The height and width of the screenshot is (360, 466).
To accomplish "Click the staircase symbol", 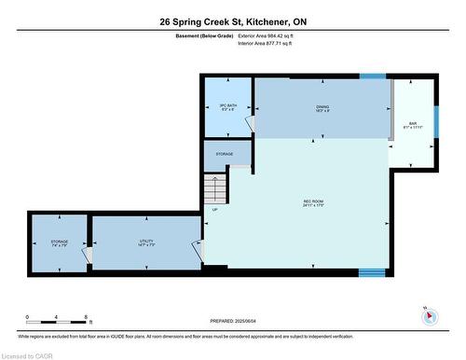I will [x=215, y=190].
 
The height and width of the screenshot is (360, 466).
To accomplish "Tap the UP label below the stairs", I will [x=216, y=210].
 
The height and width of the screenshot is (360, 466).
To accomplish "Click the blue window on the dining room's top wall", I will [x=373, y=76].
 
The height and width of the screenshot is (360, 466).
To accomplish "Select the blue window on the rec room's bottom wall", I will [x=372, y=272].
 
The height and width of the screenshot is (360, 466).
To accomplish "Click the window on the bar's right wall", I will [x=434, y=122].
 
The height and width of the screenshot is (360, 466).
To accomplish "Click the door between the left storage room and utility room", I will [x=89, y=253].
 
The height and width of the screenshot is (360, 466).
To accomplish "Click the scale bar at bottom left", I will [x=58, y=322].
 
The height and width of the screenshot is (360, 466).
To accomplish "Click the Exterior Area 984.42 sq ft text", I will [x=272, y=35].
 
